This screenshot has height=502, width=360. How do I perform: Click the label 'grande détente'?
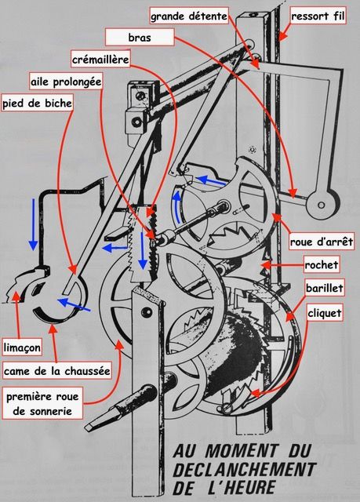point(189,16)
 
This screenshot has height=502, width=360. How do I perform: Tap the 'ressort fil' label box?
point(318,16)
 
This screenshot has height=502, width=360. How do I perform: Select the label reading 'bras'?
point(140,38)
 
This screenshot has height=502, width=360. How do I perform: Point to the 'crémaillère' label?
point(100,60)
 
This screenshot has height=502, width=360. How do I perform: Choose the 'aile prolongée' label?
point(66,82)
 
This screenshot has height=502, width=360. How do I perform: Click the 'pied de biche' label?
point(37,103)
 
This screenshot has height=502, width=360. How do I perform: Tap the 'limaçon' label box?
point(22,347)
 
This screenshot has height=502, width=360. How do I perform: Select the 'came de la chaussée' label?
point(57,371)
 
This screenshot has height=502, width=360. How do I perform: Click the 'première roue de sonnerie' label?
point(42,403)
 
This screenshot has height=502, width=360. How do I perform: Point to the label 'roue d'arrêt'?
point(322,242)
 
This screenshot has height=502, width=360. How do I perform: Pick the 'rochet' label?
point(322,264)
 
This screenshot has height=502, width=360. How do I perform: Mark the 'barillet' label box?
point(325,288)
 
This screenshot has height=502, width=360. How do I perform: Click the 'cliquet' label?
point(325,313)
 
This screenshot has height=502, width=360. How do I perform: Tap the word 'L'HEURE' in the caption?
point(239,488)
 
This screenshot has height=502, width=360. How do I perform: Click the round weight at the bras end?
point(322,204)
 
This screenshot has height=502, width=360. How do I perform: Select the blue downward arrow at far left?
point(33,224)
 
